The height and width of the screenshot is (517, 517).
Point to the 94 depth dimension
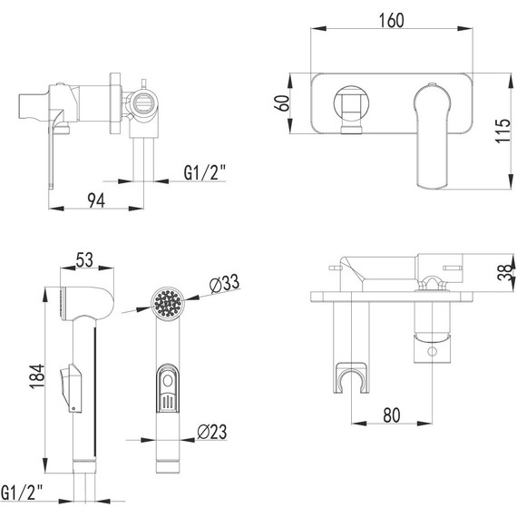point(94,201)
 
